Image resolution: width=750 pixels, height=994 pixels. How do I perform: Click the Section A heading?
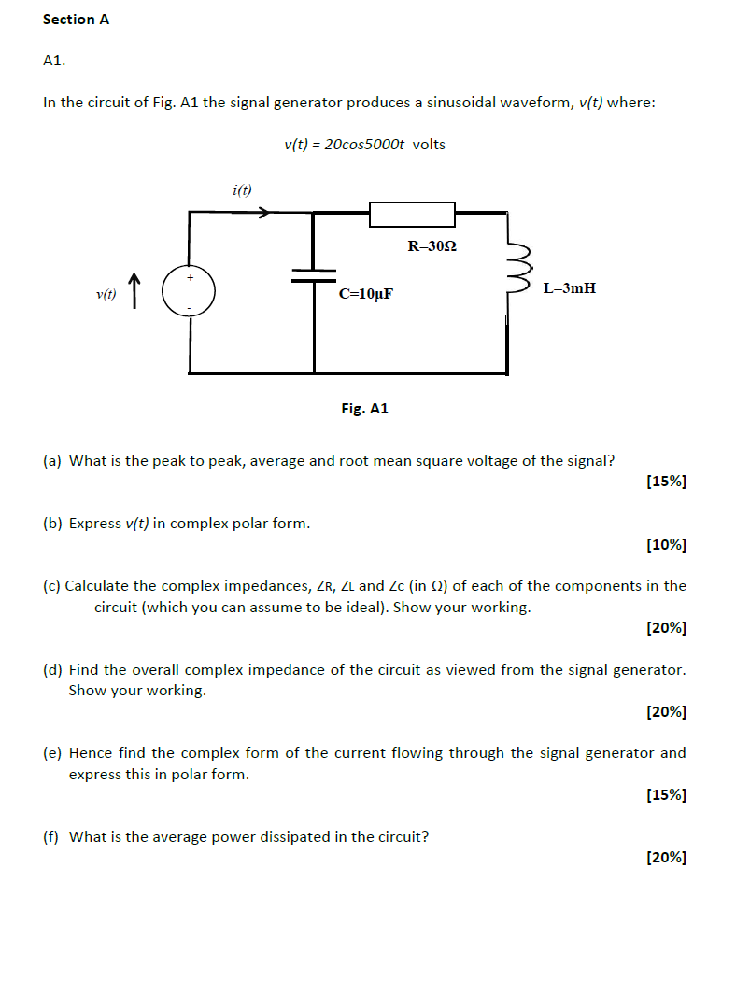tap(76, 19)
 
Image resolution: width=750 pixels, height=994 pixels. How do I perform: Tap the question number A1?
tap(54, 61)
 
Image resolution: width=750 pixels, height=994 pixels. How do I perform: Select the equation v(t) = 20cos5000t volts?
tap(364, 144)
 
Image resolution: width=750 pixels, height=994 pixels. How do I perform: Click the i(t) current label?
tap(242, 190)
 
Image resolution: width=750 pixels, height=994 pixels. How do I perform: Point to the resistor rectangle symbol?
tap(412, 214)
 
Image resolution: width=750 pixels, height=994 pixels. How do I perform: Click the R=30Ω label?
tap(432, 246)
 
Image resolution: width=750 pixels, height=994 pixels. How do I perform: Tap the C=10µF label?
tap(366, 294)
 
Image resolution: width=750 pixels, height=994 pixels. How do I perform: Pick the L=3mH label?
tap(569, 288)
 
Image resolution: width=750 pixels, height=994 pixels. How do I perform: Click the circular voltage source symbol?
tap(190, 291)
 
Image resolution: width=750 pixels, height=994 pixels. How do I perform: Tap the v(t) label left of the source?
tap(106, 295)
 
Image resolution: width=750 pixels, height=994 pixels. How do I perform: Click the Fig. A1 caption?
tap(364, 409)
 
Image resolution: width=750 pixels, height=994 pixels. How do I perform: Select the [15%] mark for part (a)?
tap(666, 482)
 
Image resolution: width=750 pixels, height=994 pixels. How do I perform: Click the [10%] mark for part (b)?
tap(666, 544)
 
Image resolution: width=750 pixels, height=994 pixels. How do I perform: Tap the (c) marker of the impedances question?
tap(52, 586)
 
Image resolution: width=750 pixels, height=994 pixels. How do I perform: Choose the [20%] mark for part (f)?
tap(666, 858)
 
